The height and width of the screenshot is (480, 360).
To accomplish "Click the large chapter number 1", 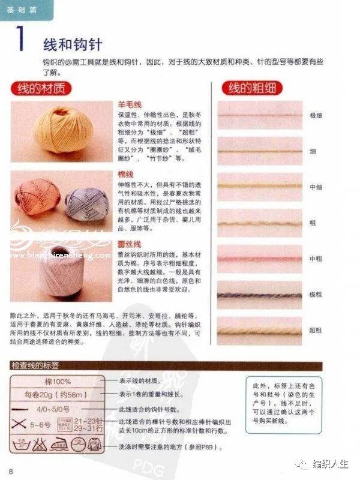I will (x=20, y=39).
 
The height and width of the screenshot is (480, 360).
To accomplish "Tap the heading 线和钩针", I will (x=72, y=44).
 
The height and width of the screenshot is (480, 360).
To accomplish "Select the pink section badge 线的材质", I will (x=41, y=89).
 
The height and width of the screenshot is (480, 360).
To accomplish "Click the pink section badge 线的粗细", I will (x=252, y=89).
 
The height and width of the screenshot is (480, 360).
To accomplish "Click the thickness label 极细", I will (x=316, y=115).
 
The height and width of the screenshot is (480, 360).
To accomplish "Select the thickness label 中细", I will (x=316, y=187).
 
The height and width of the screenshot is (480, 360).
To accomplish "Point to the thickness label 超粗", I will (x=316, y=331).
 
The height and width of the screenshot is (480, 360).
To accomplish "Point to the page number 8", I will (x=11, y=469).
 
